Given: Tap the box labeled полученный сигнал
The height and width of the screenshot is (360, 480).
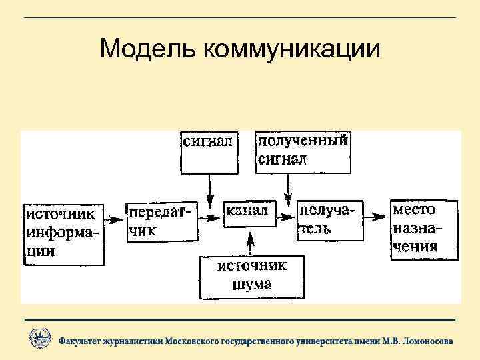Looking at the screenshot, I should point(303,151).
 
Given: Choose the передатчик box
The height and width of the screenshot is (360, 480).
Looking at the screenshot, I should point(160,221).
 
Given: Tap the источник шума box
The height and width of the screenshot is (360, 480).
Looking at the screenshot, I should point(252,276).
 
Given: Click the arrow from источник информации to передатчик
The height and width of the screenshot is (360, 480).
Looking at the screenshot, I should point(115,218).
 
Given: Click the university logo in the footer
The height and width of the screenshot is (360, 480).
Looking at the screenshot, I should point(40,339).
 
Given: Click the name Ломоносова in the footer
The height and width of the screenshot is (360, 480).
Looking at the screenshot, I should point(424,341).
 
